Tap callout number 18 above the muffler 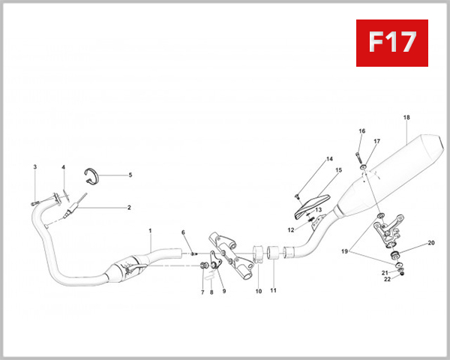406,118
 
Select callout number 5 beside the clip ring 130,175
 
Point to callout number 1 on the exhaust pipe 150,232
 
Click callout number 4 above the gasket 63,167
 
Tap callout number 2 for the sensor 128,207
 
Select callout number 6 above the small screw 182,232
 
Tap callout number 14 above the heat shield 328,159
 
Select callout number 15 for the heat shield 338,170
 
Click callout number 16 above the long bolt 361,131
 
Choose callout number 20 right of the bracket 431,243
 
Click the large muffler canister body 397,169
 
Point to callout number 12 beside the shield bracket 290,229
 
